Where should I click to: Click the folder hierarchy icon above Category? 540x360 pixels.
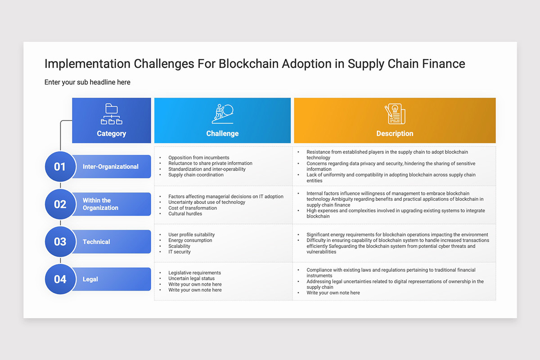[x=112, y=114]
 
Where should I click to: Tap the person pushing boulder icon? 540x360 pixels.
[x=222, y=114]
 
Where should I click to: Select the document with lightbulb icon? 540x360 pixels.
[x=395, y=114]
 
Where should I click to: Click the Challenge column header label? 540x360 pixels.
[x=222, y=133]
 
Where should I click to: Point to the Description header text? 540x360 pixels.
[x=395, y=133]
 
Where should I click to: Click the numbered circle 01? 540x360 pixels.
[x=60, y=166]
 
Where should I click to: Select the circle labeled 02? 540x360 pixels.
[x=60, y=204]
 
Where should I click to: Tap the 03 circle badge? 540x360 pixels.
[x=60, y=242]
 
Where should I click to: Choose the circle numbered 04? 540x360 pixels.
[x=60, y=279]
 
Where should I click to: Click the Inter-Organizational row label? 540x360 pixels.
[x=110, y=166]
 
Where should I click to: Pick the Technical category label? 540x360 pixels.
[x=96, y=242]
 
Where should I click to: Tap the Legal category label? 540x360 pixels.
[x=90, y=279]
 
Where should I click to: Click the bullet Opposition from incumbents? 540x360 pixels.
[x=198, y=157]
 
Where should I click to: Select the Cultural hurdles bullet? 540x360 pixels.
[x=185, y=214]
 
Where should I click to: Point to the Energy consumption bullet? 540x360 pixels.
[x=190, y=240]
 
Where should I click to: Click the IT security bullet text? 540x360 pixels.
[x=180, y=252]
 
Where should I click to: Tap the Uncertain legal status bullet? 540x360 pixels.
[x=191, y=278]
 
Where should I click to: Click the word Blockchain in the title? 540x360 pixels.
[x=248, y=64]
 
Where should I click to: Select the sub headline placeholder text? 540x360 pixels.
[x=87, y=82]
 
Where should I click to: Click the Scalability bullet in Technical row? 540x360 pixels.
[x=179, y=246]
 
